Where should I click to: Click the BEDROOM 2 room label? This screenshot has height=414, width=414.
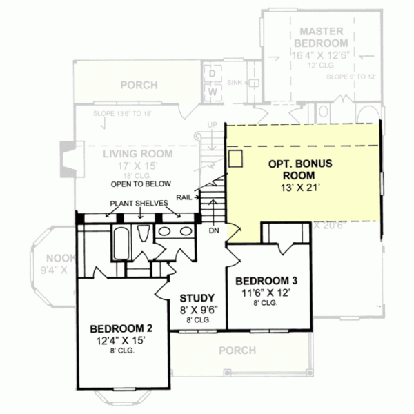117,328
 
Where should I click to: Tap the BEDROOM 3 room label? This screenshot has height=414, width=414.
266,281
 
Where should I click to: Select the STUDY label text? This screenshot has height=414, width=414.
197,298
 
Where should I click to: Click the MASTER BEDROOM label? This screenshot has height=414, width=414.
322,37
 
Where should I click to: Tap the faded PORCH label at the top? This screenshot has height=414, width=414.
139,86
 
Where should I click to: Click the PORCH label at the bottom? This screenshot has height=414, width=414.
237,351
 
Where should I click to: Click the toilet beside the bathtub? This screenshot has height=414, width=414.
144,235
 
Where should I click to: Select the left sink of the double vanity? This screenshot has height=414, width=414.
165,231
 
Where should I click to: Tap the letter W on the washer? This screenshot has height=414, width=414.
213,90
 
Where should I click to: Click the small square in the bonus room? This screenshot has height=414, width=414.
236,159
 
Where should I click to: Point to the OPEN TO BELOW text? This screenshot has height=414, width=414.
139,185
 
